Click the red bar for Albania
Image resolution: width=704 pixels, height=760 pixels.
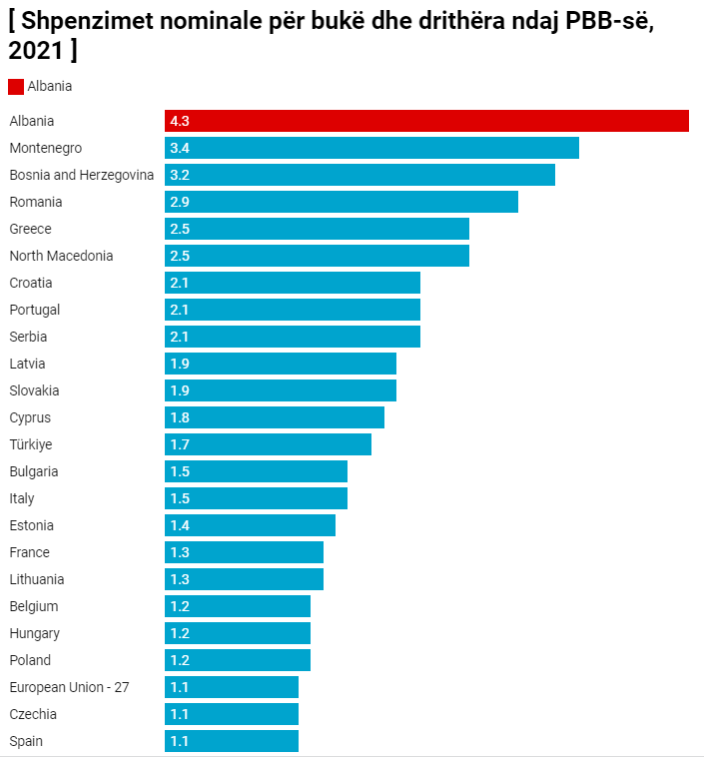coord(426,121)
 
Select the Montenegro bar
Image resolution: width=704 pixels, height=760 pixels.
coord(371,148)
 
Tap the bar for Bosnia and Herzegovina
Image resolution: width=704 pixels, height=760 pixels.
coord(359,175)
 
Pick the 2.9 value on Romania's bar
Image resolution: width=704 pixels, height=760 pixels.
coord(180,202)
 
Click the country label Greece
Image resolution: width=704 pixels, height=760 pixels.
coord(30,229)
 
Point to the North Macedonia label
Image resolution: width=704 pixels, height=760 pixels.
coord(61,256)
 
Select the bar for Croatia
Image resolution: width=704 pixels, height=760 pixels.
coord(293,283)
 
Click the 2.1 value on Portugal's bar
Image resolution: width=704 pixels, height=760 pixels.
coord(180,310)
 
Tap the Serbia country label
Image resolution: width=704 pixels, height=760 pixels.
coord(28,337)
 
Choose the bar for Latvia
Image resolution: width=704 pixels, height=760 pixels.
coord(281,364)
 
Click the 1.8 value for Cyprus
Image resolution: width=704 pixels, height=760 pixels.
coord(180,417)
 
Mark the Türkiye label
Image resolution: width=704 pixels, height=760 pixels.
coord(30,444)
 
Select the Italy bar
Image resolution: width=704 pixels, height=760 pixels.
coord(256,498)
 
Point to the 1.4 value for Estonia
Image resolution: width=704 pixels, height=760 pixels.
coord(180,525)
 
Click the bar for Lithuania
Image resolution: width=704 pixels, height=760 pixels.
coord(244,579)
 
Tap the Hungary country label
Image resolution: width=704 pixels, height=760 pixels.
coord(34,633)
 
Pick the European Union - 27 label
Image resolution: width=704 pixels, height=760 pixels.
coord(69,687)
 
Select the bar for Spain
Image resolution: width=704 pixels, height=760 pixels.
coord(232,741)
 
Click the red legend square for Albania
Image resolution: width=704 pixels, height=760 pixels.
coord(16,87)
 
